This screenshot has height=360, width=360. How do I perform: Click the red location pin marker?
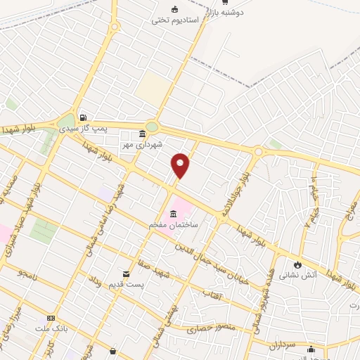(181, 165)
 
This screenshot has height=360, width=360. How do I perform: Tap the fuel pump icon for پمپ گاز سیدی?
(84, 118)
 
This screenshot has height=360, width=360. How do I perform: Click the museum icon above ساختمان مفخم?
(174, 213)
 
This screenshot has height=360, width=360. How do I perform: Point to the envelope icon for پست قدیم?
(127, 273)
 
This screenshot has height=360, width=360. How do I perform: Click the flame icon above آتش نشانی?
(298, 264)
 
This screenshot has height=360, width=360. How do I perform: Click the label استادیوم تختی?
(176, 20)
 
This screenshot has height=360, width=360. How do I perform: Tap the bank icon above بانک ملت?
(51, 318)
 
